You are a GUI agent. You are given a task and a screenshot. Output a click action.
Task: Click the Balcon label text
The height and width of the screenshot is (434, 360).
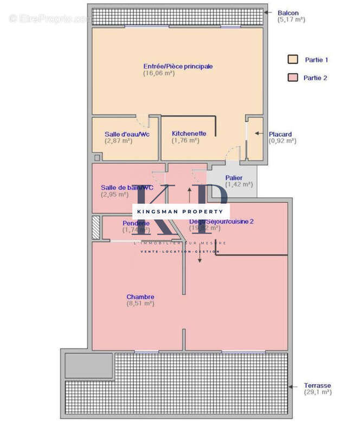click(x=288, y=12)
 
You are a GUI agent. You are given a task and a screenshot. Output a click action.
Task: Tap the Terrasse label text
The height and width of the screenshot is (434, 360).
click(x=317, y=385)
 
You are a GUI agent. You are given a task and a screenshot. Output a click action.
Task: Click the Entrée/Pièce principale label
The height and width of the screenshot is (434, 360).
click(x=178, y=66)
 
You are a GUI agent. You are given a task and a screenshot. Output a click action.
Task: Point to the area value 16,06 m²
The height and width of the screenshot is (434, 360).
click(x=158, y=73)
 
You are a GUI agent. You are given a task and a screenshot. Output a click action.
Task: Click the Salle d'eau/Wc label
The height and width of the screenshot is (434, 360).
click(x=126, y=134)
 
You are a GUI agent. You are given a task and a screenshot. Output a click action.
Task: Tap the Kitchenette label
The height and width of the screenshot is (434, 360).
click(x=189, y=133)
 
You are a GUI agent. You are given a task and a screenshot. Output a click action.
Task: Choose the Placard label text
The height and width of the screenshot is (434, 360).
click(x=280, y=134)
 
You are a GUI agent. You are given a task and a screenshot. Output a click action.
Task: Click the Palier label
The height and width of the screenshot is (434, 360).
click(x=234, y=177)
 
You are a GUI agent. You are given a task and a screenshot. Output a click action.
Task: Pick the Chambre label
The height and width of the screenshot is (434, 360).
click(x=140, y=297)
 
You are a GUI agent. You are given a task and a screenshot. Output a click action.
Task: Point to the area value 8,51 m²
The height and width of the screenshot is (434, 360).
click(x=140, y=304)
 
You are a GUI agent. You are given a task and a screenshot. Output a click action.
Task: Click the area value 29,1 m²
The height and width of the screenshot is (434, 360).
click(x=317, y=392)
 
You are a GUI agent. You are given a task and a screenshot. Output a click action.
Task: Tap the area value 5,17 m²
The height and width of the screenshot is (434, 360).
click(x=292, y=20)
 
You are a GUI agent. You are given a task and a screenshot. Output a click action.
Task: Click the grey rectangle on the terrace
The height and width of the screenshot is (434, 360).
click(x=89, y=365)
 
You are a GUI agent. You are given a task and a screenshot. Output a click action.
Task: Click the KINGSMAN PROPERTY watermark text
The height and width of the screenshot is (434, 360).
click(x=181, y=211)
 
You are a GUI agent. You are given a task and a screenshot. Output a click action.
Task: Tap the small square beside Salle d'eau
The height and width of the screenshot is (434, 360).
click(x=97, y=157)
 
